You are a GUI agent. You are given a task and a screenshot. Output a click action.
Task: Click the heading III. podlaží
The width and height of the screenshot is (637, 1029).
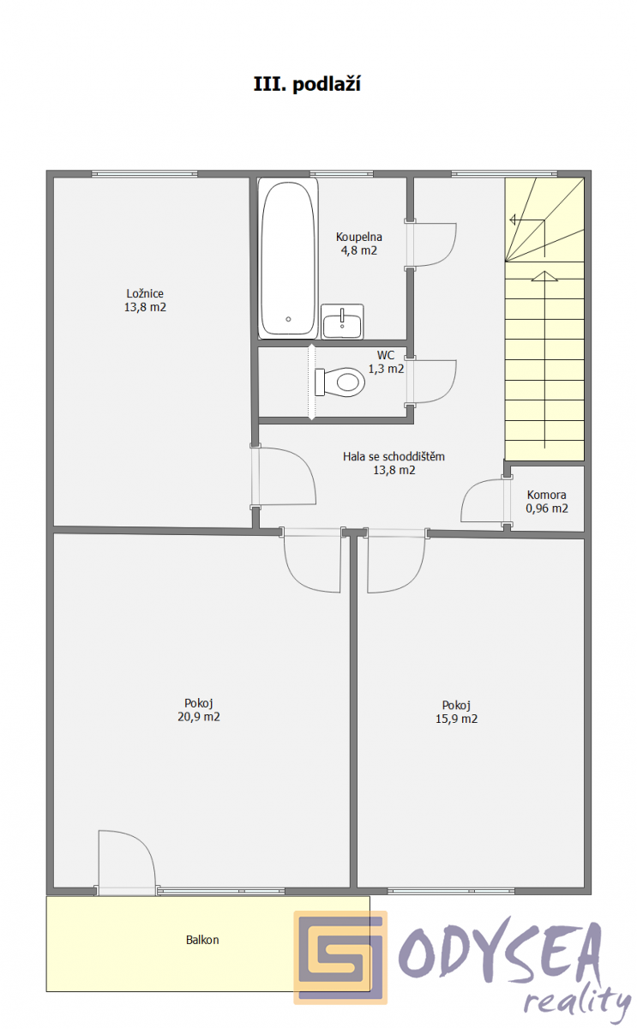307,85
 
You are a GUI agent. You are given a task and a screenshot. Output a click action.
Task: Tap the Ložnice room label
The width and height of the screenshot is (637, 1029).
145,293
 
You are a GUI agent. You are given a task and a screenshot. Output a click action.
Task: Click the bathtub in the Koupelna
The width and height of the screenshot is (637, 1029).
288,259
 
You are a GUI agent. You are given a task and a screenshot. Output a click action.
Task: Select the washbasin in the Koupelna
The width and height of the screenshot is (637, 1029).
342,322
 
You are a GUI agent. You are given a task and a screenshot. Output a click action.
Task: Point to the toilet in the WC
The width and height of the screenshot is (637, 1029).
340,382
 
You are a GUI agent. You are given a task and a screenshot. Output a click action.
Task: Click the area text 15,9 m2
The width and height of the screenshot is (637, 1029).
456,719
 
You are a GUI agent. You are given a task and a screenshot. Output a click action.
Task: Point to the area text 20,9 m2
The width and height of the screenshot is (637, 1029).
199,717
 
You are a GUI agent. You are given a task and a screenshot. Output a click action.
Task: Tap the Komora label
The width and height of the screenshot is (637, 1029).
546,495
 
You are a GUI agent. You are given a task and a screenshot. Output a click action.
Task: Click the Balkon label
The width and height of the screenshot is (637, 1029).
202,940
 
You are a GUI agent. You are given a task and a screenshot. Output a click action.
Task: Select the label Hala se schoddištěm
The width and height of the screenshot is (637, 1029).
394,456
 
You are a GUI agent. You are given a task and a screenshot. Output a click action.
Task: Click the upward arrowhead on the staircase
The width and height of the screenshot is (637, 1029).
544,276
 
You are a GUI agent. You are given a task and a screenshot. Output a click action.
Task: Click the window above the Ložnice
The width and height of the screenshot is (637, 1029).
145,173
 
